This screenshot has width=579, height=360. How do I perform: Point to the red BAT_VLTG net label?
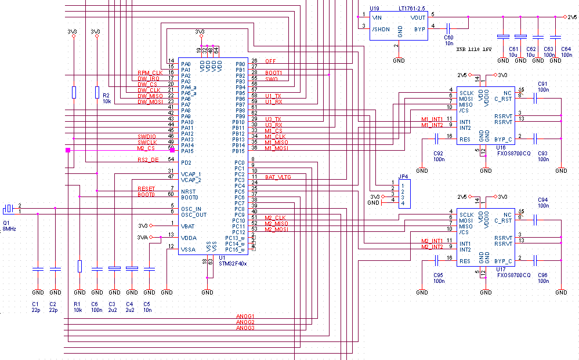click(x=278, y=177)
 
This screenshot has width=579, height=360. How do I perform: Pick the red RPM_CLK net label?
click(x=149, y=72)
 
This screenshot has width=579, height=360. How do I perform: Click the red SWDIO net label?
click(x=147, y=136)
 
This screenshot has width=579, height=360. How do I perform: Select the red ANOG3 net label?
click(x=245, y=328)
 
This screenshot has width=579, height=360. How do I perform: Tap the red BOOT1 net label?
click(x=273, y=72)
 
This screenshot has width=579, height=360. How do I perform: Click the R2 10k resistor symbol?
click(x=97, y=92)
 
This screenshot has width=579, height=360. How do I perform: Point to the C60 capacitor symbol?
click(x=448, y=27)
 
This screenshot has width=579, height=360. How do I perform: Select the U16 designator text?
click(x=501, y=148)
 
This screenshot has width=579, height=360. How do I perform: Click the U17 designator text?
click(x=501, y=270)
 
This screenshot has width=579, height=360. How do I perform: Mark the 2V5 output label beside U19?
click(x=571, y=18)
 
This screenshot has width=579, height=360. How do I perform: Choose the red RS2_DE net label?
click(x=148, y=159)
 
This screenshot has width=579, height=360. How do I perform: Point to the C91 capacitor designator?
click(x=542, y=83)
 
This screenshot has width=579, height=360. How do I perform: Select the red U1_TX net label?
click(x=273, y=96)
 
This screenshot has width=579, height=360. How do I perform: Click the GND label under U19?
click(x=399, y=60)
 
